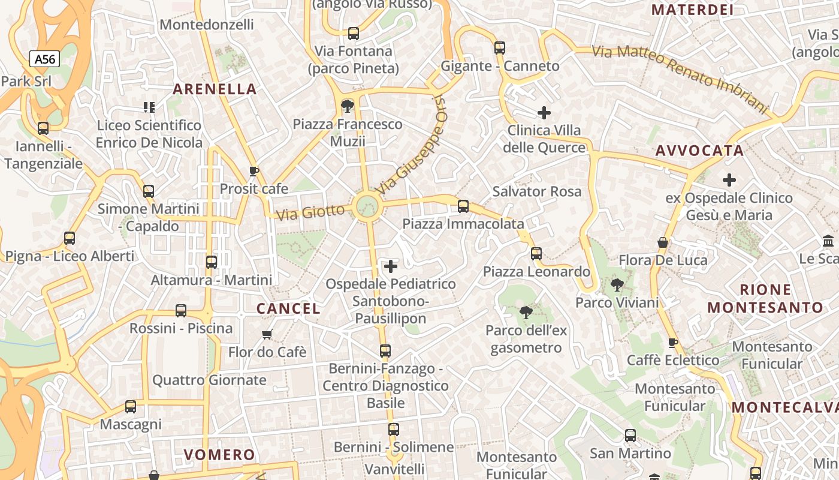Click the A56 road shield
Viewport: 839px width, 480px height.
coord(44,59)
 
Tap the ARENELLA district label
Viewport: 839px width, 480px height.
coord(215,89)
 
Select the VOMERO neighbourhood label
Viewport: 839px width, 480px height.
coord(219,454)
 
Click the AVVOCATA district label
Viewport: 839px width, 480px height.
coord(699,151)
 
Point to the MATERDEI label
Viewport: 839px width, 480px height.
coord(692,10)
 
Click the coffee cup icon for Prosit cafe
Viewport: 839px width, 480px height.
coord(253,171)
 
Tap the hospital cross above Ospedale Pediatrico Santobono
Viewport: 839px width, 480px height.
coord(391,266)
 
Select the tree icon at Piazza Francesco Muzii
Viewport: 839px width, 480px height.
coord(347,107)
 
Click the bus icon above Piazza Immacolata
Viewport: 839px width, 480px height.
coord(463,206)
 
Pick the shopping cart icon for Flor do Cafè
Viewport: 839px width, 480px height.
coord(267,334)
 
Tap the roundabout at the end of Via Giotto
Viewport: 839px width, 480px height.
coord(367,206)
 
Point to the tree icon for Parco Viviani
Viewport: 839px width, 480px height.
coord(617,285)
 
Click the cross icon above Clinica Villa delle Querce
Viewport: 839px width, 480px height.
coord(544,112)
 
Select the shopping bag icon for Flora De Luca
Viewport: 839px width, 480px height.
coord(663,242)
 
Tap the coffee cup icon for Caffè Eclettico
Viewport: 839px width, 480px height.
coord(672,343)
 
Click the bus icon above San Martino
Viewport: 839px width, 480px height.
coord(630,436)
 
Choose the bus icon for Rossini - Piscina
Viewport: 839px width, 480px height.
coord(181,311)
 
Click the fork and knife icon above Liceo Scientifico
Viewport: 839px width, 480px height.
coord(149,107)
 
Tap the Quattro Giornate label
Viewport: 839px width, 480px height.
coord(209,380)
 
